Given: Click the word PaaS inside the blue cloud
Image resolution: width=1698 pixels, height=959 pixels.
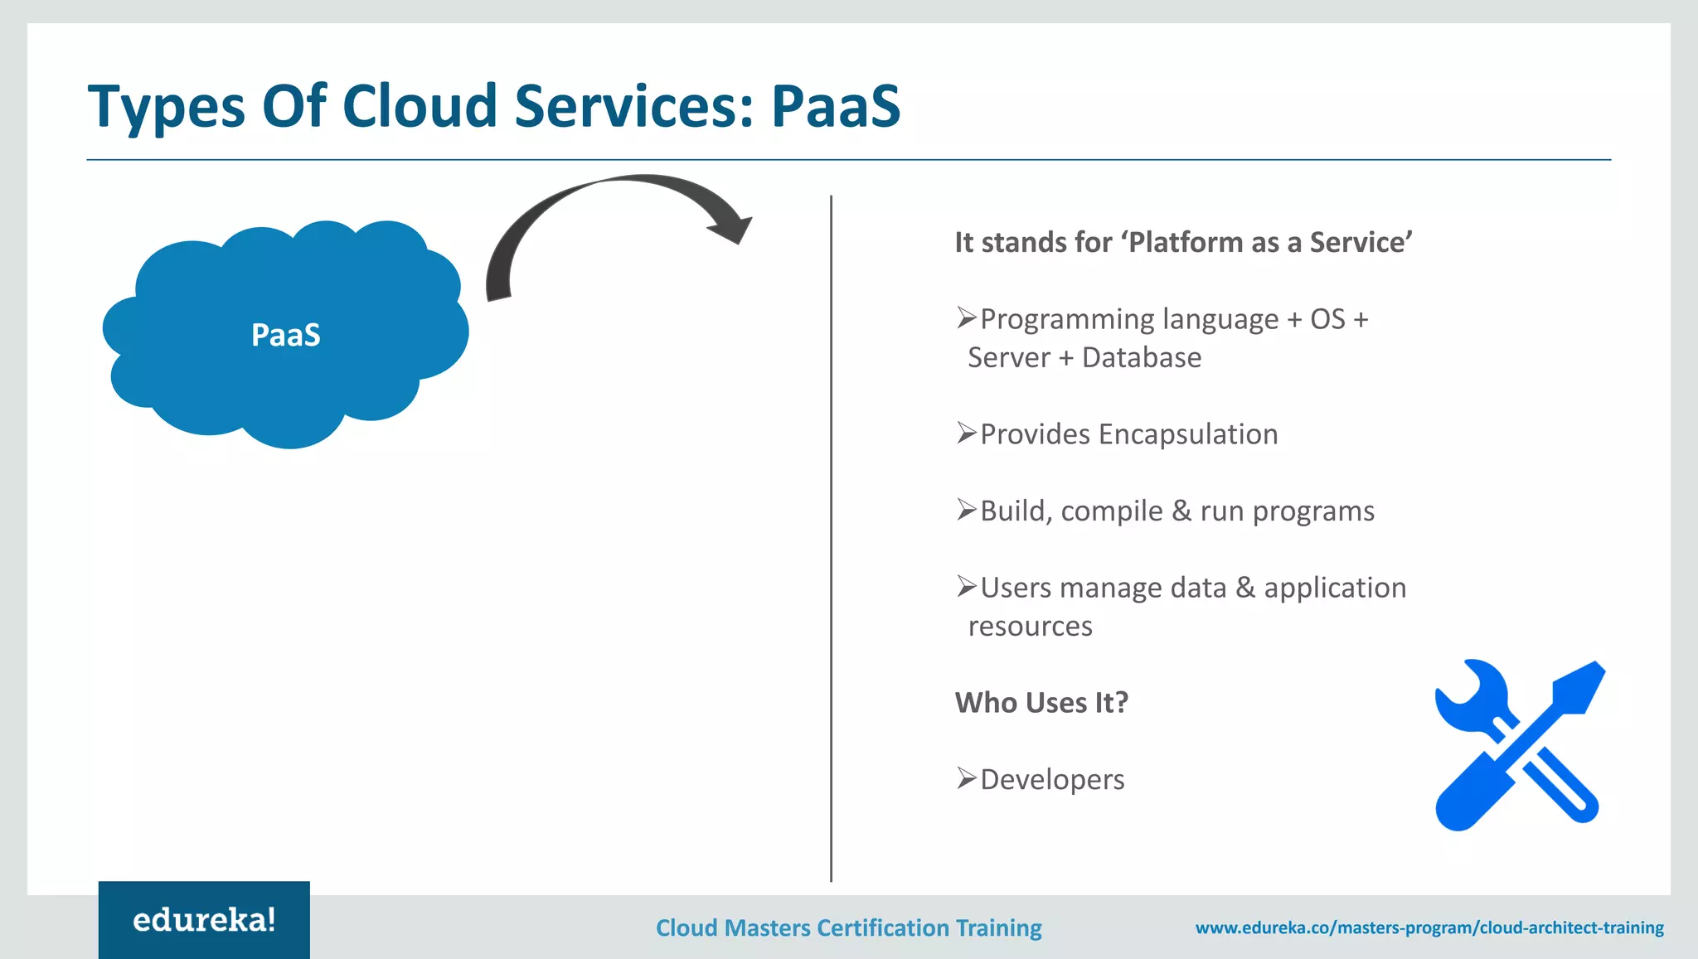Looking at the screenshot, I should [x=285, y=336].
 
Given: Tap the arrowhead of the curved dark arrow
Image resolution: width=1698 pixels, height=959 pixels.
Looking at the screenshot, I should [x=733, y=229].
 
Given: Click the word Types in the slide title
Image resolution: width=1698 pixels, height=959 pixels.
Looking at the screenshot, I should [x=167, y=108].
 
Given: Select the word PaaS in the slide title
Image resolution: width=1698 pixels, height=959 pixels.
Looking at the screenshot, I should [x=835, y=107].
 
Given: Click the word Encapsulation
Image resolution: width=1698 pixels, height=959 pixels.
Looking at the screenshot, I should [x=1187, y=434].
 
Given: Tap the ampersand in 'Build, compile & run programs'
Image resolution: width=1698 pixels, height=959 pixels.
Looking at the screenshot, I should [x=1181, y=511].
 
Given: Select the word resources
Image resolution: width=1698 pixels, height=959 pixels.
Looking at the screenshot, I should [x=1030, y=627].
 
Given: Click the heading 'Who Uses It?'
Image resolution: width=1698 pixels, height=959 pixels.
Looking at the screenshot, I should [x=1041, y=703].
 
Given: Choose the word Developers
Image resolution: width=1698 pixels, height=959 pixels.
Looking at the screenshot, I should [x=1052, y=780].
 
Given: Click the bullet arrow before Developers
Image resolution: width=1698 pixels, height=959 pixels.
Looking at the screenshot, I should [x=966, y=778].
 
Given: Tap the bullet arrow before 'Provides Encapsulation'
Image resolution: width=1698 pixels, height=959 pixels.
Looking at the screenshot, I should [x=966, y=433].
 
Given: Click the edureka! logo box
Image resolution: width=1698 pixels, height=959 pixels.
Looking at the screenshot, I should [x=204, y=919].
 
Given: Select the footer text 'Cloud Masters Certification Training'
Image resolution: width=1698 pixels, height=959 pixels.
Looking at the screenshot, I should [x=848, y=928].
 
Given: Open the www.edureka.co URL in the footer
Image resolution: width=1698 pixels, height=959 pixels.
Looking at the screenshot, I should [x=1429, y=928].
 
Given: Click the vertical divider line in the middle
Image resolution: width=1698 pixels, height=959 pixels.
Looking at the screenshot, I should [x=831, y=539].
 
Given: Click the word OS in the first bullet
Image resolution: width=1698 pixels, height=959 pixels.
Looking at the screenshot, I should [x=1327, y=320].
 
